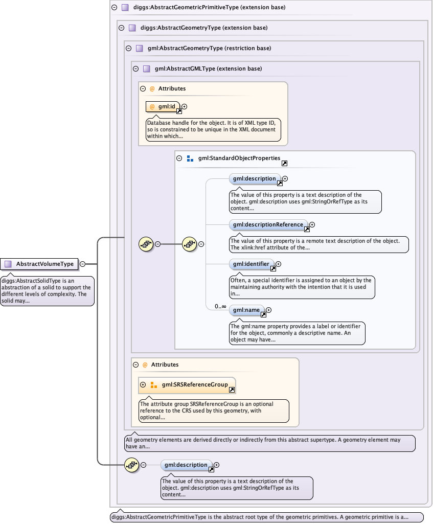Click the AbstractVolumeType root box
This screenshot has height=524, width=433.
[39, 264]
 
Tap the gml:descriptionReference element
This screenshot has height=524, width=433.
[268, 224]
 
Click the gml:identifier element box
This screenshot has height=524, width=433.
[252, 264]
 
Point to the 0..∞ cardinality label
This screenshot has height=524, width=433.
[220, 306]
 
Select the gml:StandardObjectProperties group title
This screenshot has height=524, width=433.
[239, 158]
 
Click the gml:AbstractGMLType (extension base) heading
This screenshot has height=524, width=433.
[208, 69]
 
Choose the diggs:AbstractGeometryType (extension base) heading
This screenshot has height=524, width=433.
[203, 28]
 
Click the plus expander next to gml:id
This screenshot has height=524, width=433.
[185, 106]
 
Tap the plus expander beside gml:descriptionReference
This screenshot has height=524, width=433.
[312, 224]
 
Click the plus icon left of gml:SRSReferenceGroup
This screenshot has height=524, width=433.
[143, 384]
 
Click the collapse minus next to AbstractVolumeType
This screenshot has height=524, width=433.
[82, 264]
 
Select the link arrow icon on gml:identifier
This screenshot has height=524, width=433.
[273, 268]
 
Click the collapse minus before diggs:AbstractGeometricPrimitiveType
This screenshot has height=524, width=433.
[114, 8]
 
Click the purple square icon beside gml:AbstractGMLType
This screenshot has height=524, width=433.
[146, 69]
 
